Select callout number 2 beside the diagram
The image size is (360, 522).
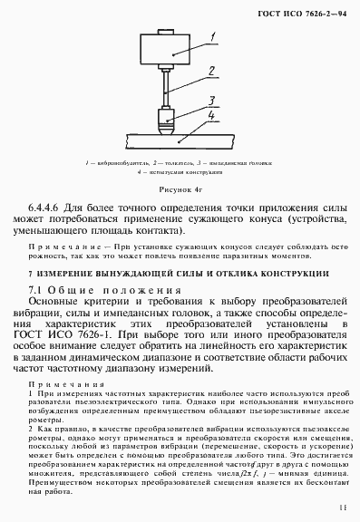[210, 70]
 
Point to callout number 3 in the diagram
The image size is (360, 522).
[211, 100]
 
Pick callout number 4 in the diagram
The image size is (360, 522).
[211, 116]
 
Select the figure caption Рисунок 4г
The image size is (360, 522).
[180, 190]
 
